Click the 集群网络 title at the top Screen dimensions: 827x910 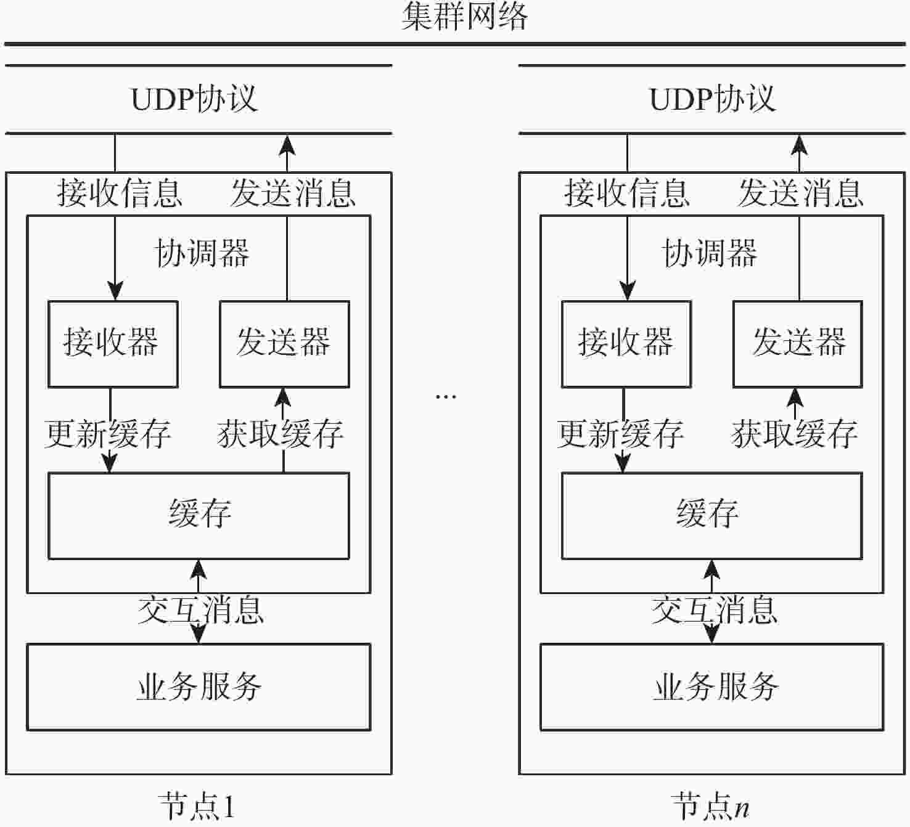[x=465, y=17]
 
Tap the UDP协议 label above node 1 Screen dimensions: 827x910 [x=194, y=99]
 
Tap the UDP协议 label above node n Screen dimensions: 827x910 [x=713, y=99]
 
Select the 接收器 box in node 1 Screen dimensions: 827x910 [x=113, y=344]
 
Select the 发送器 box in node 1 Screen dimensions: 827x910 [x=284, y=344]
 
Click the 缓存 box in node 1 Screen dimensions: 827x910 [x=199, y=516]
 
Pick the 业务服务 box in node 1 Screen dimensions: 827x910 [x=199, y=687]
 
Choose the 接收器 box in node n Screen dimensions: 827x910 [x=626, y=344]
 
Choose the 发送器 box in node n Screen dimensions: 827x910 [x=798, y=344]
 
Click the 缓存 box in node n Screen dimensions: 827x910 [x=711, y=516]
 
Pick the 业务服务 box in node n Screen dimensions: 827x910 [x=711, y=687]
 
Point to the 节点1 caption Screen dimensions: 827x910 [x=197, y=806]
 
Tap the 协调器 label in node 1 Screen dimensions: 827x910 [x=202, y=253]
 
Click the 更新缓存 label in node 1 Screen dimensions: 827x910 [x=107, y=434]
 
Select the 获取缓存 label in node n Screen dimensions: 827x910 [x=795, y=434]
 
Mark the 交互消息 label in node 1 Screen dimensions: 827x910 [x=200, y=610]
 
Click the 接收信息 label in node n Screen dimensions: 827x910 [x=626, y=193]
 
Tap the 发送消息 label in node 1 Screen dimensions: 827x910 [x=293, y=193]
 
